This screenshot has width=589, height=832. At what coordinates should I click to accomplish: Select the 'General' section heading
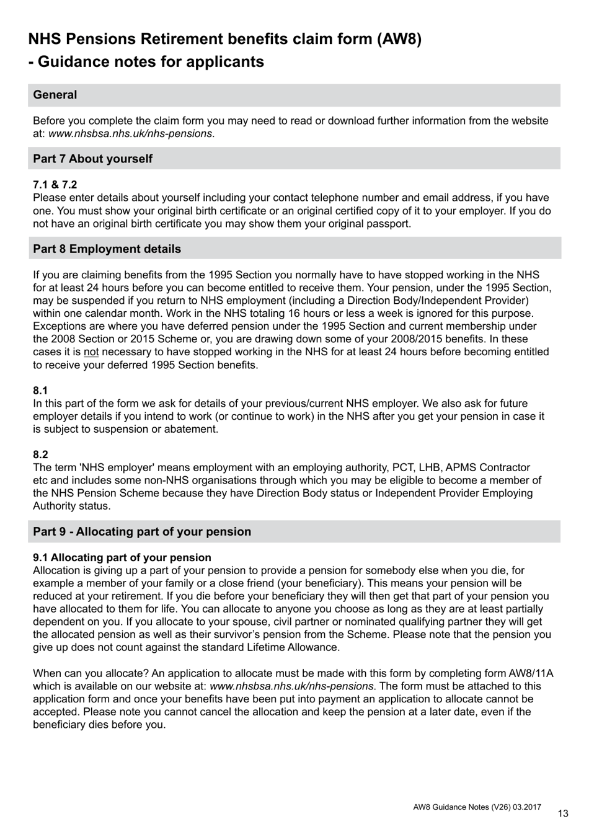click(x=55, y=95)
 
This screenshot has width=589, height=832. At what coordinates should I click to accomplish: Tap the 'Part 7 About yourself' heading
click(x=92, y=159)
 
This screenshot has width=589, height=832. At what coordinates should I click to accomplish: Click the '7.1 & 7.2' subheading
click(x=55, y=185)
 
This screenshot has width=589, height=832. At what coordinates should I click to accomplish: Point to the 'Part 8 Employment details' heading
click(x=107, y=249)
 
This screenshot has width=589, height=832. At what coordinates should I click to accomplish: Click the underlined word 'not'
click(x=91, y=352)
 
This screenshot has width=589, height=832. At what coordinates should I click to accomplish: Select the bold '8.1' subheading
click(x=40, y=391)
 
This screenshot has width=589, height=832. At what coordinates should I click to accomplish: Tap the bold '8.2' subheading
click(x=40, y=454)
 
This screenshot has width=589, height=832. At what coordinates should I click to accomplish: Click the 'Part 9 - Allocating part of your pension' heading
click(x=142, y=531)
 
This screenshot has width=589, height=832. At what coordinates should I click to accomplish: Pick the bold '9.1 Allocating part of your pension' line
click(x=122, y=557)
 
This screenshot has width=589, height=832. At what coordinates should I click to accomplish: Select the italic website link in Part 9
click(x=291, y=686)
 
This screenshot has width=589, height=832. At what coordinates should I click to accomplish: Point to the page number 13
click(x=563, y=813)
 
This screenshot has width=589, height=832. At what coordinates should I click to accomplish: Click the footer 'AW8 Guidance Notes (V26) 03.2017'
click(x=477, y=807)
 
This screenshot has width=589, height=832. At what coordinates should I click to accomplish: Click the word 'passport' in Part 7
click(x=388, y=224)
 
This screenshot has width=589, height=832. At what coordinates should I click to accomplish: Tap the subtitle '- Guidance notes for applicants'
click(x=146, y=62)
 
